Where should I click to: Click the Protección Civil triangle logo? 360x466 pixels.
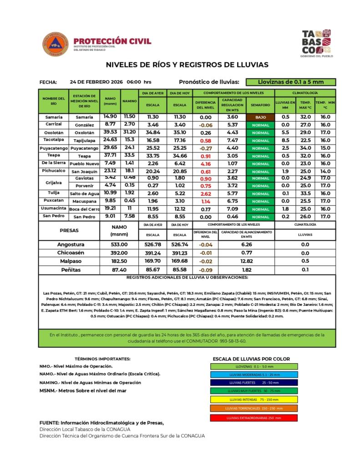56,44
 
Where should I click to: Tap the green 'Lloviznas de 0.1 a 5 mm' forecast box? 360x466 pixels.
290,82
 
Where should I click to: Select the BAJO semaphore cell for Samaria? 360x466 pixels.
260,117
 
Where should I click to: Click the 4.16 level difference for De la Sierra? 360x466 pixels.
206,163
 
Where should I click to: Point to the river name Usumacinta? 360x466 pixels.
54,208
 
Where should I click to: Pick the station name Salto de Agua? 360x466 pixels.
84,193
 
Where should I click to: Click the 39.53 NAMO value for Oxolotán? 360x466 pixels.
110,132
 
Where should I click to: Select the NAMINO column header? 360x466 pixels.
130,101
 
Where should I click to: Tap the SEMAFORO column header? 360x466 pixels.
260,105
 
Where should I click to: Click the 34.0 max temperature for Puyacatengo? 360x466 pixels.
306,148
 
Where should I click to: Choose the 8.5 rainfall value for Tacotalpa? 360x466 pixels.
285,140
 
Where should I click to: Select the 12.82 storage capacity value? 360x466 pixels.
247,261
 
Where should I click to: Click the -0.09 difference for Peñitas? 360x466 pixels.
206,270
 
